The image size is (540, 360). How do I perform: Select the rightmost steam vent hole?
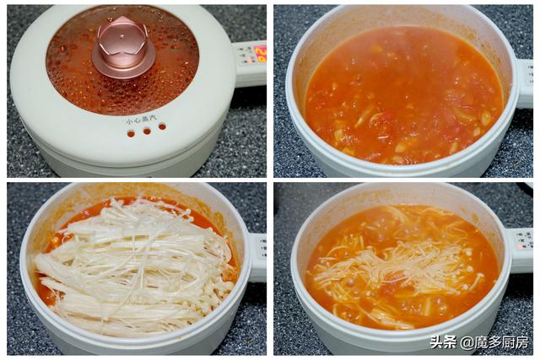coord(160,126)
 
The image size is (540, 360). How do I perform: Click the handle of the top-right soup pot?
coord(524,80)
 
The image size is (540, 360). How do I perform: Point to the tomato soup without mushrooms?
coord(405,93)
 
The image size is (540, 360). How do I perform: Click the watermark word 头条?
coord(443,342)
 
